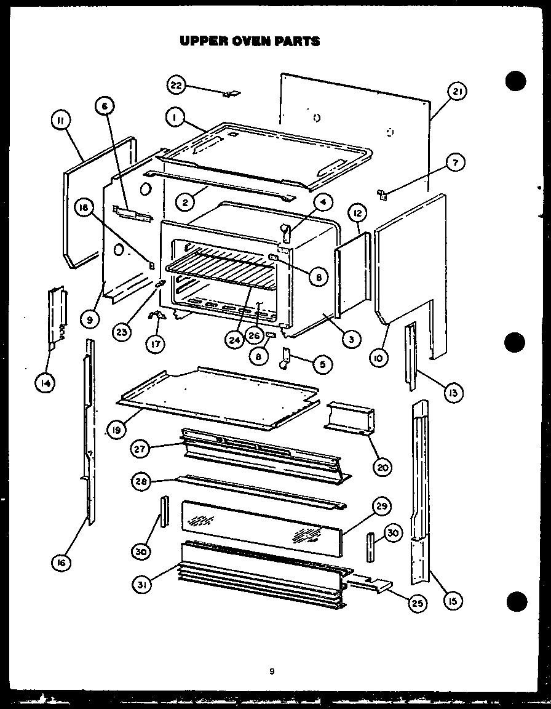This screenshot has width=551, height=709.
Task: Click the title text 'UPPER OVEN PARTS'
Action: [249, 41]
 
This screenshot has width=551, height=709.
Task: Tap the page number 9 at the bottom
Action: [271, 671]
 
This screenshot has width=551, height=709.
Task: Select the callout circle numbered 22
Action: [176, 85]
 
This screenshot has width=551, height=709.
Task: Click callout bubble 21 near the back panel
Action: [456, 92]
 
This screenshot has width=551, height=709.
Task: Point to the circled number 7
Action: [456, 163]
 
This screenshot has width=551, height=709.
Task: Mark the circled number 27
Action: [140, 449]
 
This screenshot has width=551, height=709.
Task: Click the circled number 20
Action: [381, 467]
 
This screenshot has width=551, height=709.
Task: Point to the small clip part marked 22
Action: [232, 94]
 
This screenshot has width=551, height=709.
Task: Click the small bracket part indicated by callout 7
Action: [382, 195]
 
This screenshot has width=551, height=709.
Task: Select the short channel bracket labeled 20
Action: [350, 421]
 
